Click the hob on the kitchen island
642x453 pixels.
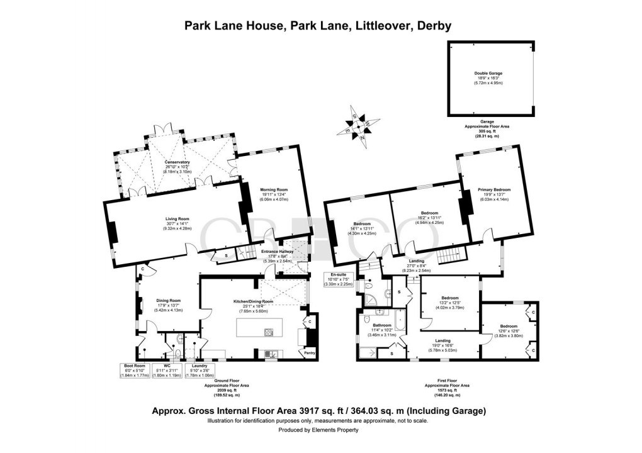tap(268, 332)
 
